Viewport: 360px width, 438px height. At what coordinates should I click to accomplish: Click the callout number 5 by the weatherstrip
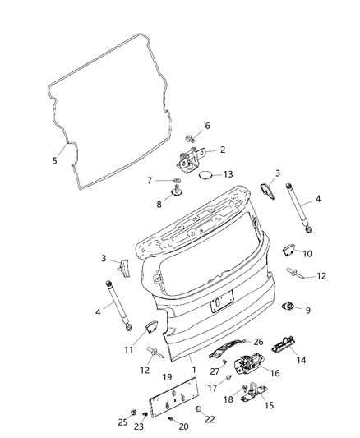(55, 160)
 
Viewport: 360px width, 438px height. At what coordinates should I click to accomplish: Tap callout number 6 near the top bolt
(208, 125)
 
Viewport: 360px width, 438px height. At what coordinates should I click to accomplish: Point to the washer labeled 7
(177, 181)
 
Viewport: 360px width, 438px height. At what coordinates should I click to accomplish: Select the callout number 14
(302, 359)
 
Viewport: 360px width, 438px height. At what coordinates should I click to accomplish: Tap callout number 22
(209, 419)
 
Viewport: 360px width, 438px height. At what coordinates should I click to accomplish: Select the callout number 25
(122, 422)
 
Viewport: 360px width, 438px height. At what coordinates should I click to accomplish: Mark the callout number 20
(183, 426)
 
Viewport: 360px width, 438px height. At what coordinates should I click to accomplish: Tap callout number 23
(138, 426)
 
